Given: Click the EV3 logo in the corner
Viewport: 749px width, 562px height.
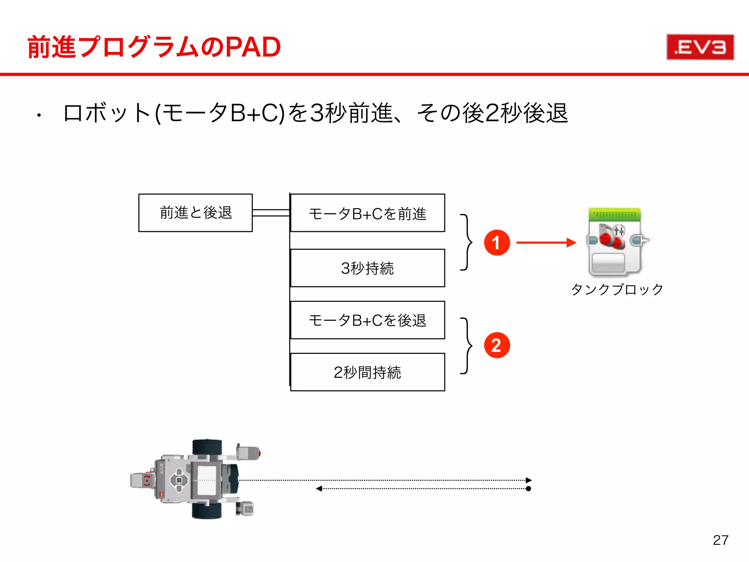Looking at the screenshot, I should [700, 47].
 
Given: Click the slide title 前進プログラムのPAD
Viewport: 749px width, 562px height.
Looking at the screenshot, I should [154, 47].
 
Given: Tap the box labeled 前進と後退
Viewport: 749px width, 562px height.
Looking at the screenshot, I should [195, 213].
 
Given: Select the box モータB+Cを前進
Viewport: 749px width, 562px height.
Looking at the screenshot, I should [368, 213].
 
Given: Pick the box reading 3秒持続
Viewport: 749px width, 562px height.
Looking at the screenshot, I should [368, 268].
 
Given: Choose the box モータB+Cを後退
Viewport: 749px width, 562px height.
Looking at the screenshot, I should [368, 320].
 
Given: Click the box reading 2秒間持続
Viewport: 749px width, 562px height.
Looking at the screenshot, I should [368, 372].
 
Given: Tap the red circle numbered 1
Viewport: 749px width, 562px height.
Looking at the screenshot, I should [497, 243].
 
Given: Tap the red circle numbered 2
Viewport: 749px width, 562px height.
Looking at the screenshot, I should [497, 345].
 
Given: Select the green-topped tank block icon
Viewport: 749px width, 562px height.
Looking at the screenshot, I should [616, 241].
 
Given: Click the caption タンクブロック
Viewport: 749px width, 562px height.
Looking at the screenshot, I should [617, 289].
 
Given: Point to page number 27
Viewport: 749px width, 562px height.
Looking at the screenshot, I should [720, 540].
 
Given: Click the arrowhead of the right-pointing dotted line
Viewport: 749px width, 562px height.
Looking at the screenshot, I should [529, 480].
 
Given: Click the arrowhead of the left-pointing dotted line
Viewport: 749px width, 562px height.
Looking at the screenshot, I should [319, 489].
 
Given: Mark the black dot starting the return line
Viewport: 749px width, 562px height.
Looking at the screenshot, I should [528, 489].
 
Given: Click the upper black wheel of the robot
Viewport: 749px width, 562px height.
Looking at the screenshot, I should [207, 447].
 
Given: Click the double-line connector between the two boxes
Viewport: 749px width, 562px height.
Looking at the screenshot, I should [271, 213].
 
